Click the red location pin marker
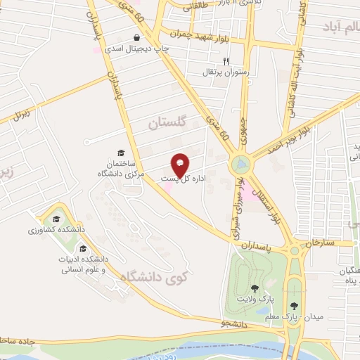coord(180,165)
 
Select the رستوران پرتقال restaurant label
coord(221,72)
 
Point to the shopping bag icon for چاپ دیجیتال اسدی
coord(136,37)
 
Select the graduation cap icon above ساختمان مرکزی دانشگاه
coord(120,153)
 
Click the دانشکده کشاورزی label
coord(57,230)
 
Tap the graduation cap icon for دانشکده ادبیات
coord(83,248)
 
